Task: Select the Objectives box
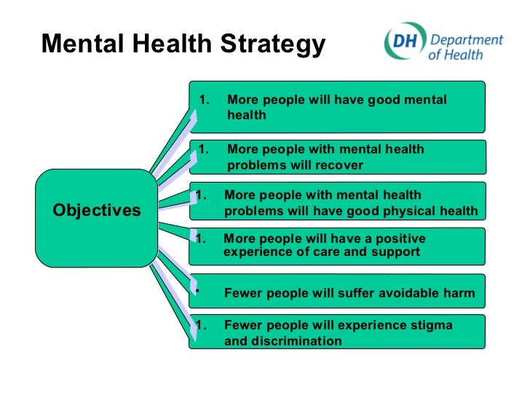point(96,211)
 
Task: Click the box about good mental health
point(336,106)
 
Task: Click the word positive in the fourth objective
point(397,238)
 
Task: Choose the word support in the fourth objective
point(397,252)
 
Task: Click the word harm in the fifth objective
point(459,294)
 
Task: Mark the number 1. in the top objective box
point(205,100)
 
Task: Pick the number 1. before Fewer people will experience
point(203,325)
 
